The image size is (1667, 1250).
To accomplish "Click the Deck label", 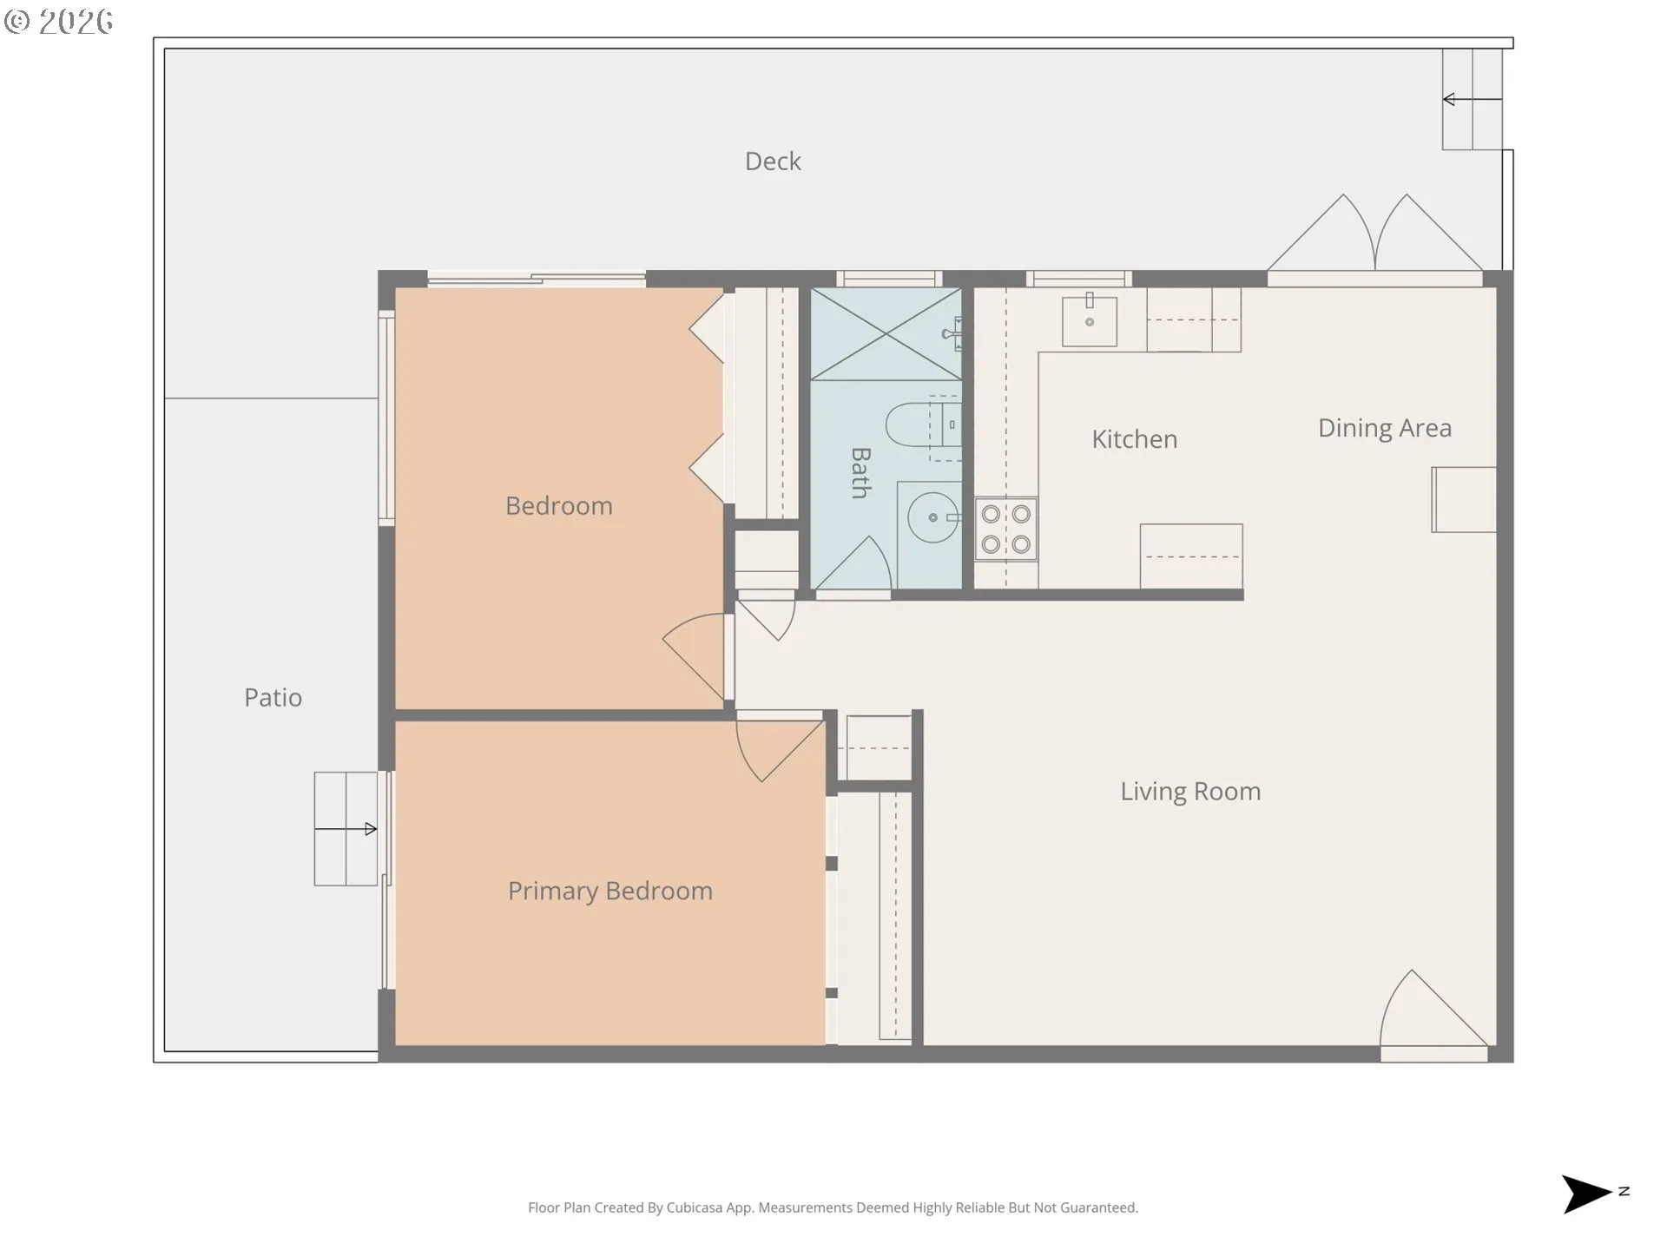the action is [x=773, y=161].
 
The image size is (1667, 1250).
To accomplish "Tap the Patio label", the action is [x=273, y=698].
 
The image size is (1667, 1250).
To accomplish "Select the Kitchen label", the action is [x=1134, y=439].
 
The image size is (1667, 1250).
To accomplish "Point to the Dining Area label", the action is [x=1385, y=428].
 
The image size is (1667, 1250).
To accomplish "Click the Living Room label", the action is [x=1190, y=792].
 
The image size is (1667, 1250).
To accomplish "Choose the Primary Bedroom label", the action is [x=610, y=891].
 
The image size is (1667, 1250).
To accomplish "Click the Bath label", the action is [x=860, y=473].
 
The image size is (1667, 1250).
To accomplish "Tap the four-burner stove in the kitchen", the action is [x=1006, y=529].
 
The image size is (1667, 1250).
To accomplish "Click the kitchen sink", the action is [x=1090, y=319].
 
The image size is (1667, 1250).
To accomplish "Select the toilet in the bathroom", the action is [x=923, y=425].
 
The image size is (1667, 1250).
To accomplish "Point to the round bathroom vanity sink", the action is [x=933, y=517].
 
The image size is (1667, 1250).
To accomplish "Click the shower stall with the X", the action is [x=886, y=334].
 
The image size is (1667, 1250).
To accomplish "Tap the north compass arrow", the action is [x=1587, y=1194].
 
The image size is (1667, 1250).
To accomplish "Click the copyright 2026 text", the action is [x=58, y=22].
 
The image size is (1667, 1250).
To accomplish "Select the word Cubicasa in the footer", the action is [x=695, y=1207].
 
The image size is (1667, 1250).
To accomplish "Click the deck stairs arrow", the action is [x=1473, y=100].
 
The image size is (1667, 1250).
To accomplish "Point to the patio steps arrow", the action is [x=346, y=829].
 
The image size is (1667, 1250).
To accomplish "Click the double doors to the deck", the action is [x=1375, y=235].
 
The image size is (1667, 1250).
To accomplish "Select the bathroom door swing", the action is [x=853, y=564].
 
